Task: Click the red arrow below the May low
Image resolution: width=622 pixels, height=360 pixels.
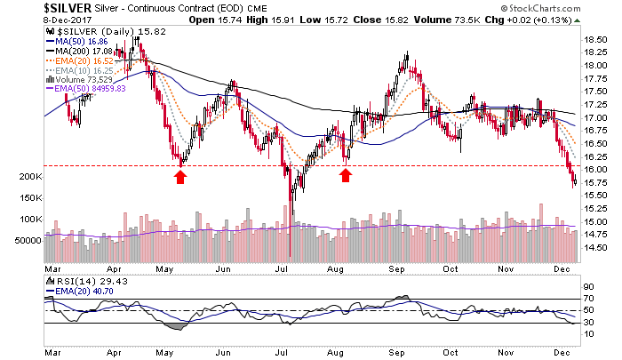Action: click(x=180, y=176)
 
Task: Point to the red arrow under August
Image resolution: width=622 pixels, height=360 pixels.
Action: click(x=345, y=175)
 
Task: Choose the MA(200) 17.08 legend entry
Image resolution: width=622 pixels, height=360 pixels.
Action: click(x=84, y=51)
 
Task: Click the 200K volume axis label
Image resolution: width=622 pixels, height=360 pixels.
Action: click(x=29, y=177)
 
